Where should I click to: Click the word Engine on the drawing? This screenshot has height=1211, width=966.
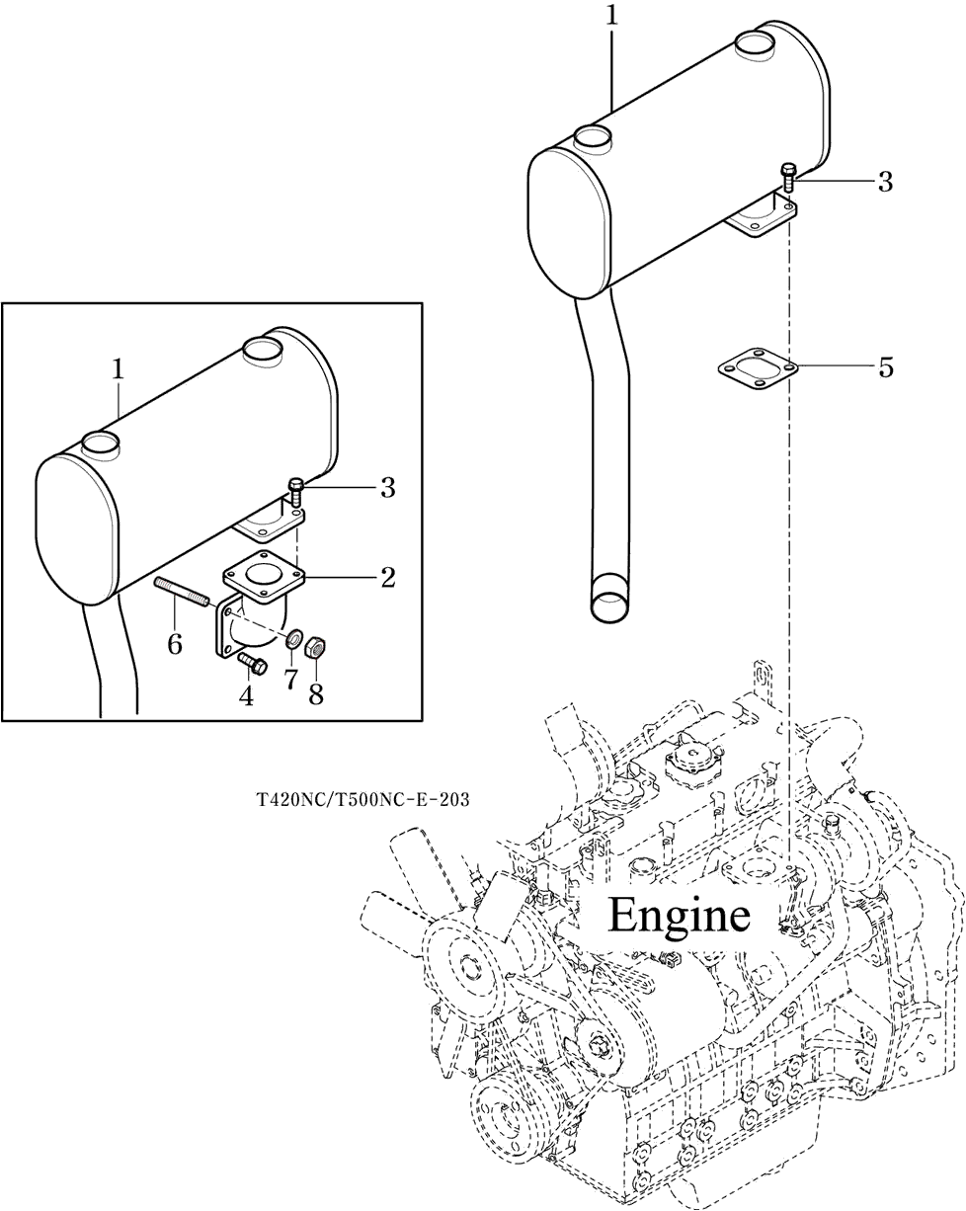679,915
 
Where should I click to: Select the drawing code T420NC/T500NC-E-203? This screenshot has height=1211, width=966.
362,799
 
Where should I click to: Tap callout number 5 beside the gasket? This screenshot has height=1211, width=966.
885,367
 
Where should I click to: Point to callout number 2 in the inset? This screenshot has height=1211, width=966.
387,577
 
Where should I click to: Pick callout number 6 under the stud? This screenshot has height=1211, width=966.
175,645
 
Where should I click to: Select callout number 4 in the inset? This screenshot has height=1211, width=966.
246,695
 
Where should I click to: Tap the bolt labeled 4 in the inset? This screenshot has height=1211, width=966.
251,664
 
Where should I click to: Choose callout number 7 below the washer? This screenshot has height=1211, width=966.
290,681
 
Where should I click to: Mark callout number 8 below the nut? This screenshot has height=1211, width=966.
316,693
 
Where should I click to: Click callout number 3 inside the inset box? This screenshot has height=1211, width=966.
387,487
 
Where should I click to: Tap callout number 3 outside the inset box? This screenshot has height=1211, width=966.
885,181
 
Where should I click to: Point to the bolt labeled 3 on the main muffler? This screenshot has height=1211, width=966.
788,177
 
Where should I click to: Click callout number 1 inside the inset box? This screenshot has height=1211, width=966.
119,369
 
